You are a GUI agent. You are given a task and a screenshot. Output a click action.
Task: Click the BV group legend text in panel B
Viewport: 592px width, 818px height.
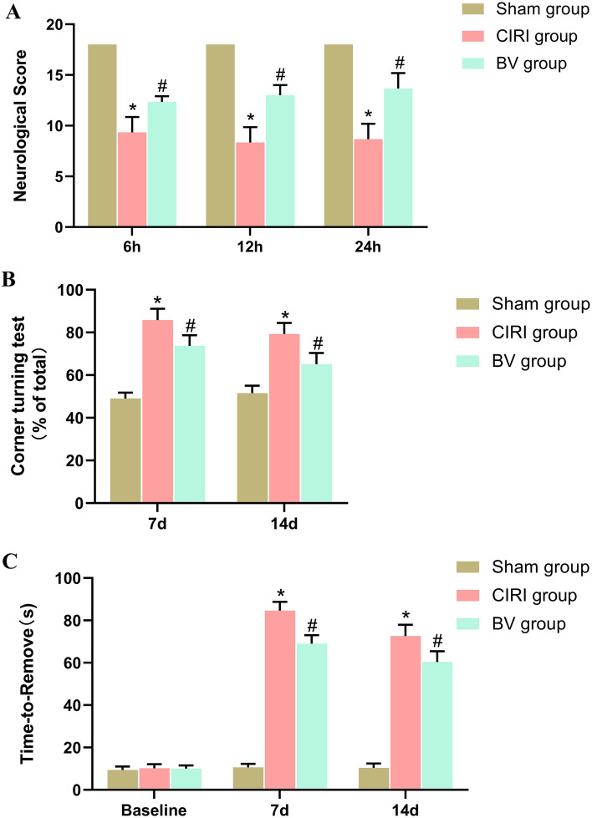coord(528,361)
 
